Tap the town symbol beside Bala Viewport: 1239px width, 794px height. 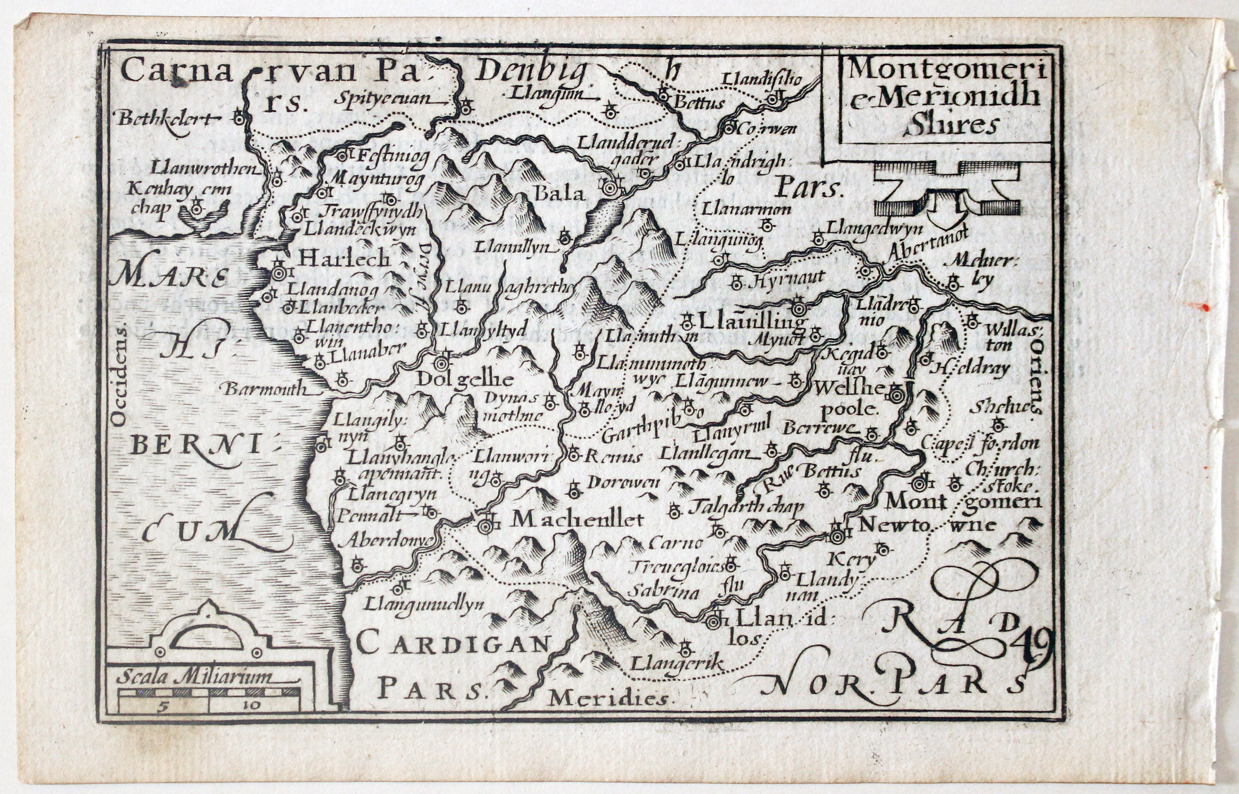click(610, 188)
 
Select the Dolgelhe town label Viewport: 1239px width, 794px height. click(465, 380)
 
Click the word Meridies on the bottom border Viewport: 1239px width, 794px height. click(608, 699)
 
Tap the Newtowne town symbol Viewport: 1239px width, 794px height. click(836, 537)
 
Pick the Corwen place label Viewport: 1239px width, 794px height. click(768, 128)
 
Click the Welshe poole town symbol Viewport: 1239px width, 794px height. click(896, 396)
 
